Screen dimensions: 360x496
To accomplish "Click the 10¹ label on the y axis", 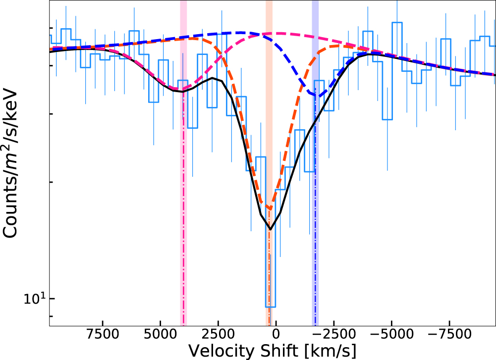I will (x=35, y=299).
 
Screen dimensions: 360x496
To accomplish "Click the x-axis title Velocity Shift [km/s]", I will (x=272, y=351).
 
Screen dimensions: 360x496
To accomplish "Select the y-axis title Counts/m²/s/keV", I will (x=12, y=164).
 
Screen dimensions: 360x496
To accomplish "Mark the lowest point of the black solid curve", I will (x=270, y=229).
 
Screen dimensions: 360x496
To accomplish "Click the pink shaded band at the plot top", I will (x=183, y=10).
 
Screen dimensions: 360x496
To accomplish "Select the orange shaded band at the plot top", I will (x=269, y=10).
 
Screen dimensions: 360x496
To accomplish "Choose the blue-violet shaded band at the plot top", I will (x=315, y=10).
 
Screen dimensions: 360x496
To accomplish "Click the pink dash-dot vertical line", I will (x=184, y=208).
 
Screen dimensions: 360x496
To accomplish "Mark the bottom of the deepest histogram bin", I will (x=270, y=307).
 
